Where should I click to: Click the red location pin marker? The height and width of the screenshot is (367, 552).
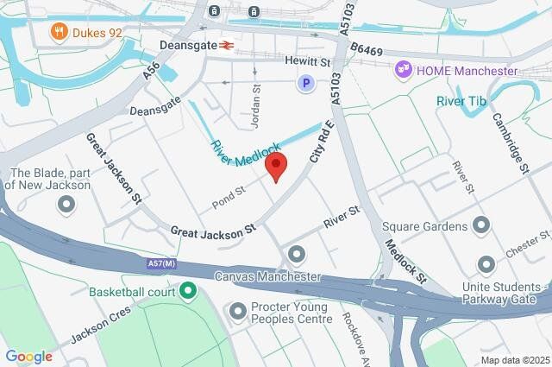click(276, 165)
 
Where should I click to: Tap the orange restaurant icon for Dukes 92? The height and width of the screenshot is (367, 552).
click(60, 33)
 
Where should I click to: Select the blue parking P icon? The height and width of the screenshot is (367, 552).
click(305, 83)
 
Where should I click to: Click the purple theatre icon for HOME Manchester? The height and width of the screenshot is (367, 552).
click(403, 68)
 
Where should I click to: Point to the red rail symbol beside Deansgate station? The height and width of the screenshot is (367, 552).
click(227, 45)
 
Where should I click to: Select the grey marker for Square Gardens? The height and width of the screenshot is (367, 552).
click(481, 226)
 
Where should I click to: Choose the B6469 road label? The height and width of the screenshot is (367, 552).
click(366, 51)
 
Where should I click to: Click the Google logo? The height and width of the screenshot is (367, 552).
click(28, 356)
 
